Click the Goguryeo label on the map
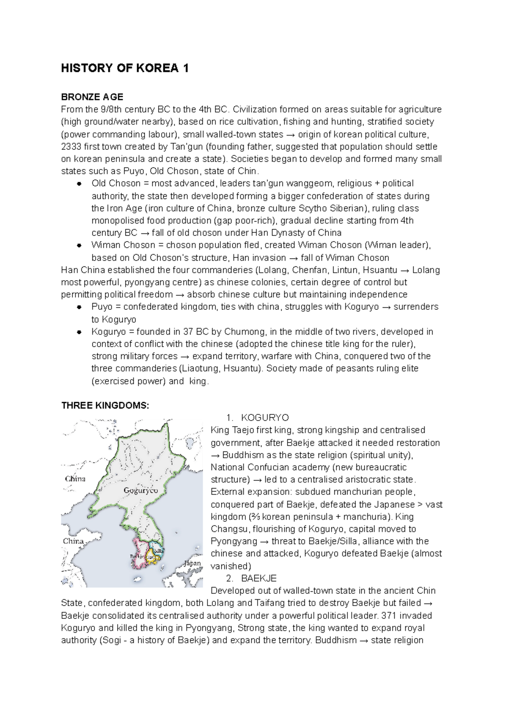pyautogui.click(x=141, y=490)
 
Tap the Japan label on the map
pyautogui.click(x=192, y=564)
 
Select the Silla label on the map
pyautogui.click(x=159, y=551)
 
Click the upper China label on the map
pyautogui.click(x=75, y=479)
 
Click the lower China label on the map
pyautogui.click(x=73, y=541)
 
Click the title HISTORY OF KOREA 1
pyautogui.click(x=125, y=68)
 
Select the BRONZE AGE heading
pyautogui.click(x=92, y=97)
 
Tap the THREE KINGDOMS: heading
pyautogui.click(x=105, y=405)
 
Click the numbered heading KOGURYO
pyautogui.click(x=265, y=418)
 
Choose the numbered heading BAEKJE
pyautogui.click(x=258, y=578)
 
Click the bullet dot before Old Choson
pyautogui.click(x=79, y=184)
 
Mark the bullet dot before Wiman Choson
pyautogui.click(x=79, y=245)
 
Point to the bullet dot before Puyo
pyautogui.click(x=79, y=307)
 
